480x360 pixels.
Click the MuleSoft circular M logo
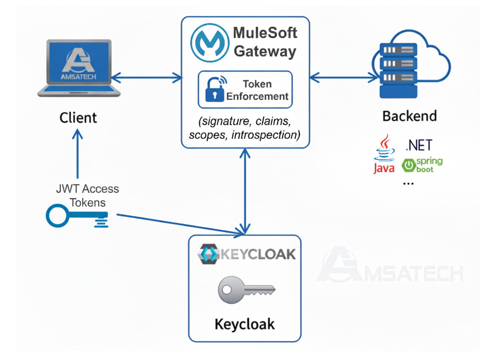[210, 43]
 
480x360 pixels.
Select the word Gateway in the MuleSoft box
[265, 51]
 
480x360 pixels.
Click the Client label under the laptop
[78, 118]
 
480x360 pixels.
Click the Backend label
[409, 116]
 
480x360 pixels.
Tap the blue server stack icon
[398, 71]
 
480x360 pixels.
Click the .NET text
[419, 145]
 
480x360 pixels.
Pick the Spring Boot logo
[422, 165]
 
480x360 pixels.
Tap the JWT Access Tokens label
[87, 196]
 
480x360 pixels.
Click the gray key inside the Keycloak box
[247, 289]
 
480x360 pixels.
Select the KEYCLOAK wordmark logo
[247, 254]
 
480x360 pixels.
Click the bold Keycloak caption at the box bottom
[245, 324]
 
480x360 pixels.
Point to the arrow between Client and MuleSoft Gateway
[146, 77]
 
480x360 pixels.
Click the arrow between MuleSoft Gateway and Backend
[344, 77]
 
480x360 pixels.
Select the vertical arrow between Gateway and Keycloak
[245, 191]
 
